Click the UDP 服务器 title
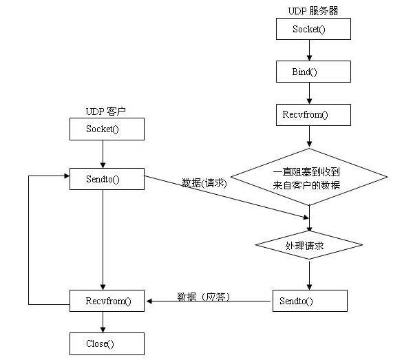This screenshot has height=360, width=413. click(313, 11)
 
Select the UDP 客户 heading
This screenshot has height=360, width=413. click(106, 112)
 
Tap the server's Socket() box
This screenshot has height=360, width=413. click(313, 29)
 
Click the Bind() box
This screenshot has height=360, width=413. click(313, 72)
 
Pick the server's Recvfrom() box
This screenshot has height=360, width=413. click(313, 115)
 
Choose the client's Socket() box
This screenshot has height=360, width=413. click(107, 129)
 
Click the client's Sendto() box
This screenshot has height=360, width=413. click(107, 179)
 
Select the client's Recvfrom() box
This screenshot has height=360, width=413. click(107, 301)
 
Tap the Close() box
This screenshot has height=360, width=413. click(107, 343)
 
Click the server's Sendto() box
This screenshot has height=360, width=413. click(310, 301)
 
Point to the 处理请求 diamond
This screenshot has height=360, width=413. click(309, 245)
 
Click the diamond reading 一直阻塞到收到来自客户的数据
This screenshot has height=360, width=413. click(309, 177)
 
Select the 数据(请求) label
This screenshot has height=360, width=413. click(204, 183)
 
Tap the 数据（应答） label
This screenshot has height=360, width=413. click(204, 297)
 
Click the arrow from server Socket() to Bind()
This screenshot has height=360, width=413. click(310, 50)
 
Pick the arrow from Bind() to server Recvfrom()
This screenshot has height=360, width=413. click(310, 93)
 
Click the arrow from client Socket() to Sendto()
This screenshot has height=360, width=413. click(103, 154)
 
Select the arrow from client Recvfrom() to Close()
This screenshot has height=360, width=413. click(103, 322)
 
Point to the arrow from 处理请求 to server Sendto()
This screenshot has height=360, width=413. click(310, 275)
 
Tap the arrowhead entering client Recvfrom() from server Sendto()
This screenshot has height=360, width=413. click(149, 301)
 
